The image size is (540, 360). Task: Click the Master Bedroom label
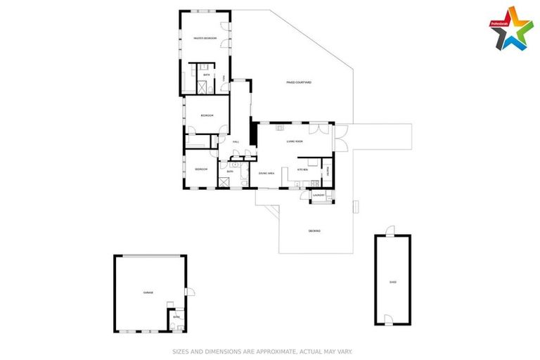pyautogui.click(x=205, y=38)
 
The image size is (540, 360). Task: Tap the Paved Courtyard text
pyautogui.click(x=299, y=82)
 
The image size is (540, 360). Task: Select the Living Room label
pyautogui.click(x=295, y=142)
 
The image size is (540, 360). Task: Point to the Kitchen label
pyautogui.click(x=303, y=169)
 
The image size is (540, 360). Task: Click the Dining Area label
pyautogui.click(x=266, y=172)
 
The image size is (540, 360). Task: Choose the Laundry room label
pyautogui.click(x=318, y=195)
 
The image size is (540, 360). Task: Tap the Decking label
pyautogui.click(x=314, y=231)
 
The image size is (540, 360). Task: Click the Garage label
pyautogui.click(x=148, y=292)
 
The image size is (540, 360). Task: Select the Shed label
pyautogui.click(x=392, y=282)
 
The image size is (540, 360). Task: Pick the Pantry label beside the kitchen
pyautogui.click(x=328, y=169)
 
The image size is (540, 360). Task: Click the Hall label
pyautogui.click(x=236, y=142)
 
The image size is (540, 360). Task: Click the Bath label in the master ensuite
pyautogui.click(x=207, y=75)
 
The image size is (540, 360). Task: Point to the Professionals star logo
pyautogui.click(x=511, y=28)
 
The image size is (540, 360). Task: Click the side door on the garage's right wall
pyautogui.click(x=189, y=292)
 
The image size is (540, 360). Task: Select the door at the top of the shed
pyautogui.click(x=391, y=231)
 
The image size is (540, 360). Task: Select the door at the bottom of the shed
pyautogui.click(x=388, y=321)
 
